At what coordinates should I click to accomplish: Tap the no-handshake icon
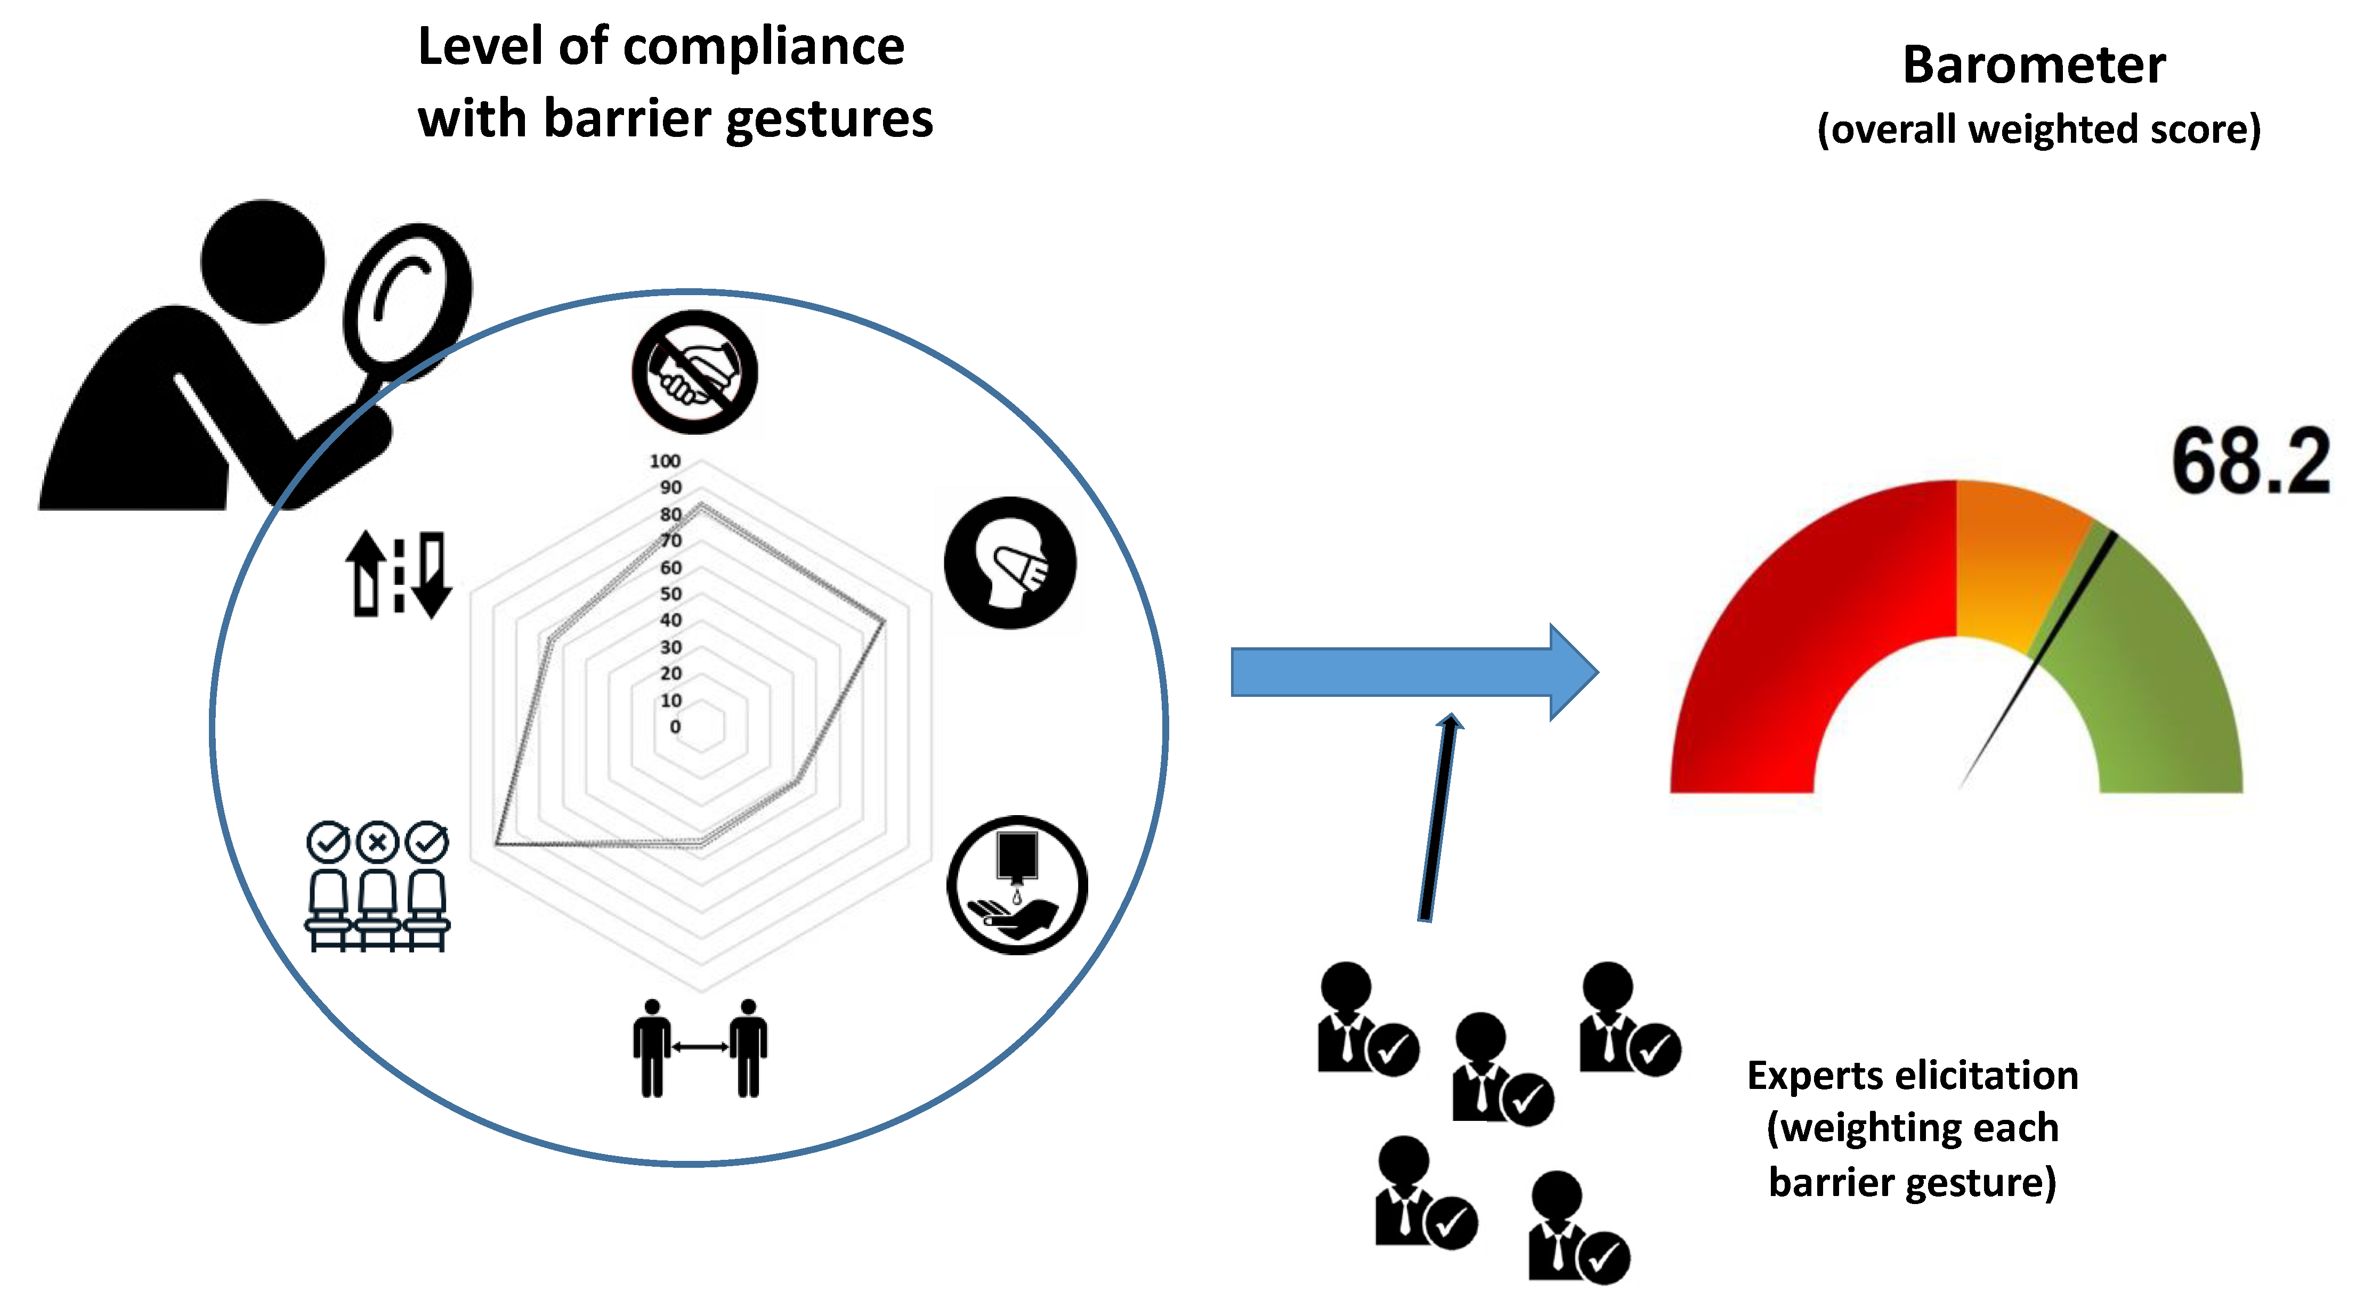694,372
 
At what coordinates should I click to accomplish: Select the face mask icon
1010,563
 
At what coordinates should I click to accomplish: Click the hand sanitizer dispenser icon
1017,885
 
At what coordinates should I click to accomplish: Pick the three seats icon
377,887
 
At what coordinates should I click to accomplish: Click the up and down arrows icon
398,574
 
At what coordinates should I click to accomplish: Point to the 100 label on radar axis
665,461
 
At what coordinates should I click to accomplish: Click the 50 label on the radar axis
670,593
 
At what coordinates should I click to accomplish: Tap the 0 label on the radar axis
675,727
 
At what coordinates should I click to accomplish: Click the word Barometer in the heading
2034,66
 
